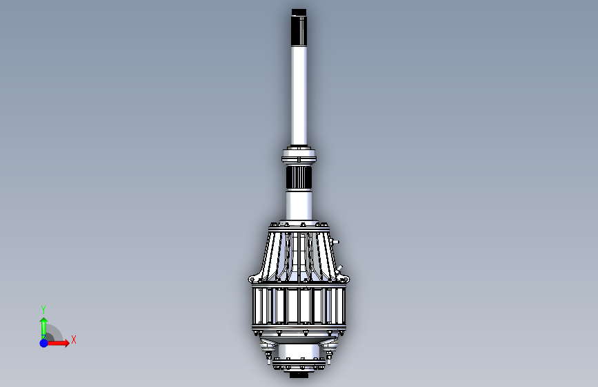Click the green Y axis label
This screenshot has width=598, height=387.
tap(43, 309)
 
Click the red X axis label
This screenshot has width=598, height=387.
tap(74, 339)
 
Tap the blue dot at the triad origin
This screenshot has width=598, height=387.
tap(44, 343)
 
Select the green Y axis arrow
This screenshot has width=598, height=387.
tap(44, 328)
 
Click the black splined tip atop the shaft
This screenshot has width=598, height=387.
tap(299, 28)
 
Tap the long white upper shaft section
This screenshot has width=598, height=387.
tap(299, 96)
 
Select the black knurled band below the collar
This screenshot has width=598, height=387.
tap(299, 178)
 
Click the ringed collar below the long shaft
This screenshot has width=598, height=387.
tap(299, 156)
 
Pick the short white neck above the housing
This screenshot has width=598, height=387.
tap(299, 205)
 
